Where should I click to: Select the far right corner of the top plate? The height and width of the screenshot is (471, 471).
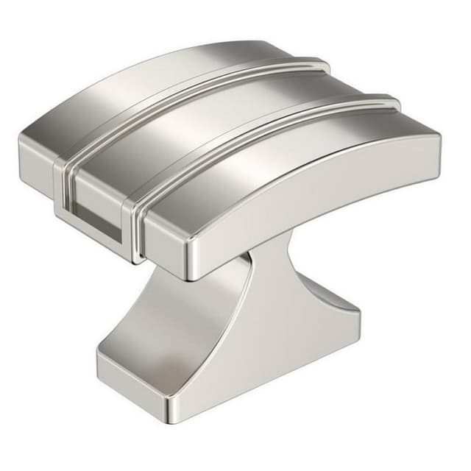pos(439,140)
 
